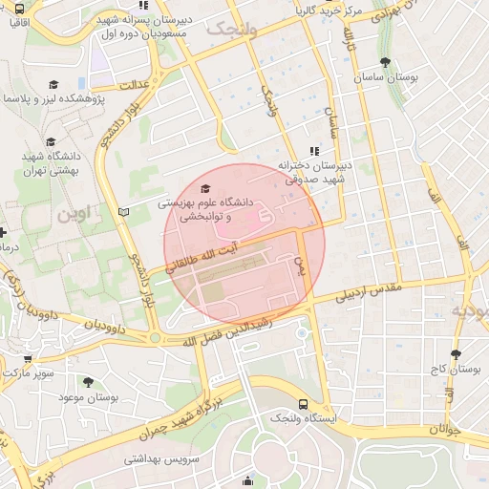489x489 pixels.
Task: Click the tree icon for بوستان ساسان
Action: (x=384, y=62)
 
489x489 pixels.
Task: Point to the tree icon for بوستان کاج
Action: (x=457, y=352)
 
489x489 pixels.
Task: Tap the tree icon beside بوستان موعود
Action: (x=88, y=382)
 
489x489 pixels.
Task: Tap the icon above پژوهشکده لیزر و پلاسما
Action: (x=53, y=85)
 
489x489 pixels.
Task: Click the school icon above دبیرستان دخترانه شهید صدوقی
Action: (x=313, y=150)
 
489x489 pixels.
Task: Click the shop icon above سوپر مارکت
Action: (x=27, y=360)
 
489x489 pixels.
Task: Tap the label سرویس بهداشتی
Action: (x=159, y=459)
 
